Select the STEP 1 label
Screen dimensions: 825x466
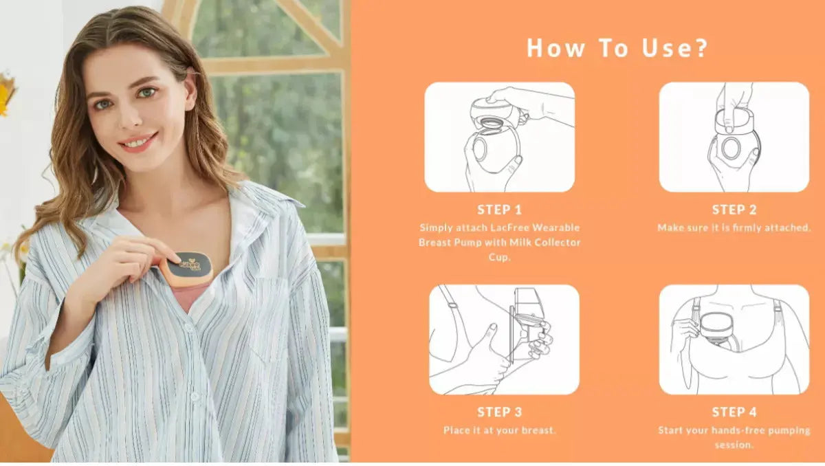point(499,210)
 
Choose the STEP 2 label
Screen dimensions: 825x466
point(734,210)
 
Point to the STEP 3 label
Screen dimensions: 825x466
point(499,412)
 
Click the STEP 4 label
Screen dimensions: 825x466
point(734,412)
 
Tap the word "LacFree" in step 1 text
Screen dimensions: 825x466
point(509,228)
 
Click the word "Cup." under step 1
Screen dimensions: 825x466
point(499,257)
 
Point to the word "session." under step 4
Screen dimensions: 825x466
point(734,445)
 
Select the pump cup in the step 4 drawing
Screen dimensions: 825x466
point(714,329)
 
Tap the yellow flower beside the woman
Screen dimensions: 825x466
point(7,93)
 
